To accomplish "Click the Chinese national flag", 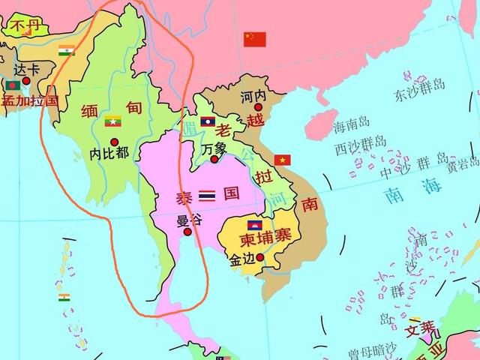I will click(x=254, y=39).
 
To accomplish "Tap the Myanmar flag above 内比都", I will click(x=113, y=121).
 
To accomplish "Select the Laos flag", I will click(x=208, y=121).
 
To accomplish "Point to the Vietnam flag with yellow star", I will click(x=282, y=160).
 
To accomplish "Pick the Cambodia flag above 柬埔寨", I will click(x=255, y=225).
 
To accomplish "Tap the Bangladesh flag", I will click(x=11, y=86).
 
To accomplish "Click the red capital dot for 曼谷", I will click(x=187, y=232).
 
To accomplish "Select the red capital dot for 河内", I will click(x=257, y=107).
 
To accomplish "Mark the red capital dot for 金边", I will click(x=260, y=258).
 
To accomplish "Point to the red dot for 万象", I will click(x=214, y=159).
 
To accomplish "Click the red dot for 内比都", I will click(x=114, y=142).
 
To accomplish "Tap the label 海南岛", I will click(x=352, y=123).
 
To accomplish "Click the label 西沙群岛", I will click(x=361, y=142).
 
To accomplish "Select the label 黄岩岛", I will click(x=463, y=165).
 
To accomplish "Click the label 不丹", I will click(x=24, y=28).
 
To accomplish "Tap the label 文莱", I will click(x=420, y=328).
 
